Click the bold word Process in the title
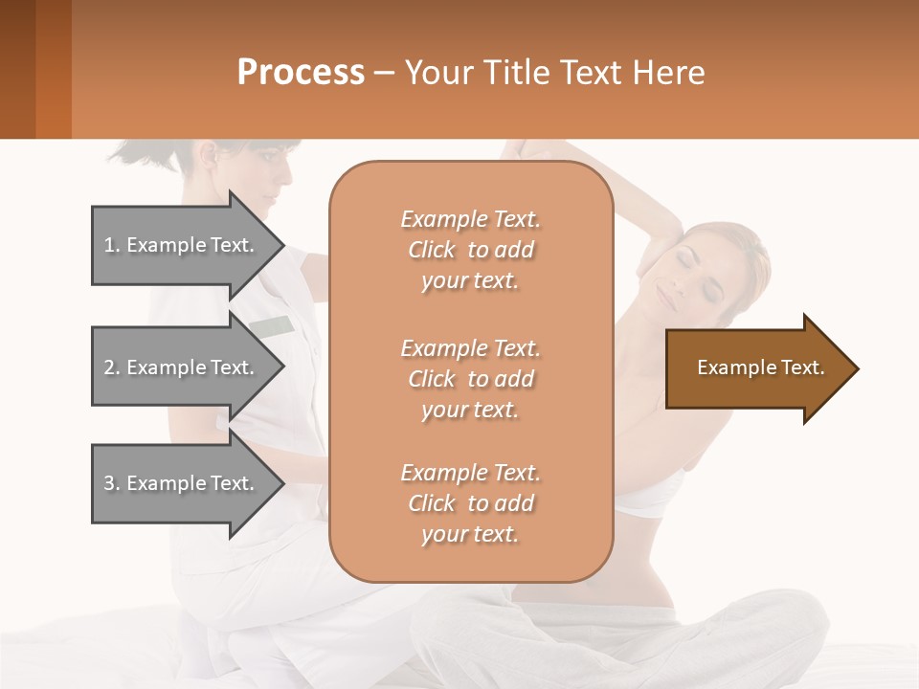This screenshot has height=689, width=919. coord(301,73)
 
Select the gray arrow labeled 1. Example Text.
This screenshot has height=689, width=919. coord(182,245)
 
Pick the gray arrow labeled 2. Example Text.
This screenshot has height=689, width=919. coord(182,367)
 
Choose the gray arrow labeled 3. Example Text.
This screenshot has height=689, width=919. coord(182,483)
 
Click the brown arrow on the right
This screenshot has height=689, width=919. coord(756,368)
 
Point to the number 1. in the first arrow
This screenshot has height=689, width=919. coord(112,245)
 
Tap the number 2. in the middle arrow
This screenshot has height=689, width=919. coord(112,367)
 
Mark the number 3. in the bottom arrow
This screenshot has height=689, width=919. coord(112,483)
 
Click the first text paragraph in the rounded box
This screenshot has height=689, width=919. coord(470,250)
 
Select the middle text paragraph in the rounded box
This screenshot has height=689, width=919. coord(470,379)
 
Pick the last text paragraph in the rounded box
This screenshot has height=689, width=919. coord(470,503)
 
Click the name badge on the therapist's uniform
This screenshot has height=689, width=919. coord(272,327)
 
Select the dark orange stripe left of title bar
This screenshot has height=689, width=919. coord(53,69)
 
